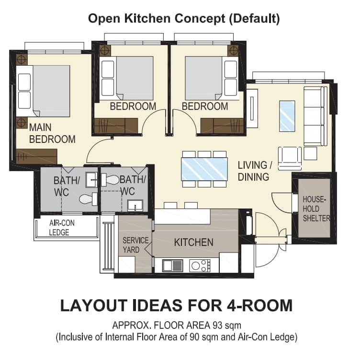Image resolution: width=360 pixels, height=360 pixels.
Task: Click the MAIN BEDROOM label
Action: (x=52, y=134)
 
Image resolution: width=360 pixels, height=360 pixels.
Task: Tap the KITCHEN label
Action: (x=193, y=242)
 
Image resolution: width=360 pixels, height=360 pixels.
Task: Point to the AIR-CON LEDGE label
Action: (x=62, y=228)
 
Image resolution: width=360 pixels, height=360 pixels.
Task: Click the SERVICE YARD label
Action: (x=135, y=245)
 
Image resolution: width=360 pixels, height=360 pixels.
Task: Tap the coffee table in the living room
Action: (x=287, y=116)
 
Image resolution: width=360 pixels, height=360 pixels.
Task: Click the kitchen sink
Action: (x=172, y=265)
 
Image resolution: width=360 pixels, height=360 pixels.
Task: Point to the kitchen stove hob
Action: (x=200, y=265)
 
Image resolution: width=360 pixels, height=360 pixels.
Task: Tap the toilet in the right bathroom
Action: (x=111, y=180)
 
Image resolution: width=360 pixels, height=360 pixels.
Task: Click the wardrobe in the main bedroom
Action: (x=36, y=156)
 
